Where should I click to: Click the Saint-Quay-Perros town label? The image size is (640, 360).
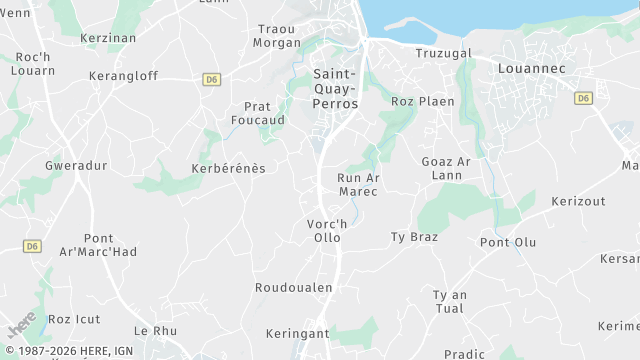(335, 88)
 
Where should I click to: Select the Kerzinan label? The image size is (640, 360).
(107, 38)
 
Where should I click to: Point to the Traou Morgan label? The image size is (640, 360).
(277, 36)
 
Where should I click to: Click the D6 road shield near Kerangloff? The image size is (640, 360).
(211, 79)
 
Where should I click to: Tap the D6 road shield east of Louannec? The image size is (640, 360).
(584, 98)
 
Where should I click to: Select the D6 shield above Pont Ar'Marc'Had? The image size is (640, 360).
(33, 246)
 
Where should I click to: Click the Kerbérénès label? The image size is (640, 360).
(228, 168)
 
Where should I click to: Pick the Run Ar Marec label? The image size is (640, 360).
(359, 184)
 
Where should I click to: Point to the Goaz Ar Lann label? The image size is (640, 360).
(446, 169)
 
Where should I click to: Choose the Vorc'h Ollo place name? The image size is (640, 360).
(327, 231)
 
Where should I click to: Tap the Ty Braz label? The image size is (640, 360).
(414, 237)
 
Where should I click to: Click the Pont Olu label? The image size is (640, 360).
(508, 242)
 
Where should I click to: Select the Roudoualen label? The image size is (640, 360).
(293, 287)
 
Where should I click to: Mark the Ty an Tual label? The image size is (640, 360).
(449, 301)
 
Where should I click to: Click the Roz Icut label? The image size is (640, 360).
(74, 319)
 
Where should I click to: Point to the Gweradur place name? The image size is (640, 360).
(76, 165)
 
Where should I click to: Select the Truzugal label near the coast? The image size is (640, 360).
(443, 53)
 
